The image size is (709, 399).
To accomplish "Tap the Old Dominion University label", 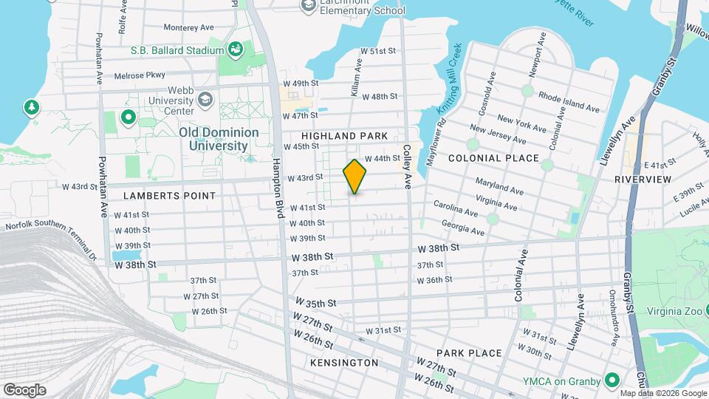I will pyautogui.click(x=219, y=139).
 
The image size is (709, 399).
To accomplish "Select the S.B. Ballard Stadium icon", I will pyautogui.click(x=236, y=50).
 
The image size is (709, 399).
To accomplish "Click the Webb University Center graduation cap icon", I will pyautogui.click(x=205, y=100).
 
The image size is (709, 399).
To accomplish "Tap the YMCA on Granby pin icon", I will pyautogui.click(x=612, y=381).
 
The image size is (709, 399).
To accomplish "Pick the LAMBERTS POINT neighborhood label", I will pyautogui.click(x=170, y=196).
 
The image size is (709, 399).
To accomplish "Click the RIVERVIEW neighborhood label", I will pyautogui.click(x=643, y=180).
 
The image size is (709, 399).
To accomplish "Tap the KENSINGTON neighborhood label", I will pyautogui.click(x=344, y=363).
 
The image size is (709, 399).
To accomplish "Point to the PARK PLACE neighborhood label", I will pyautogui.click(x=468, y=353).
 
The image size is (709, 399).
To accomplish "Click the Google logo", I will pyautogui.click(x=24, y=389).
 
